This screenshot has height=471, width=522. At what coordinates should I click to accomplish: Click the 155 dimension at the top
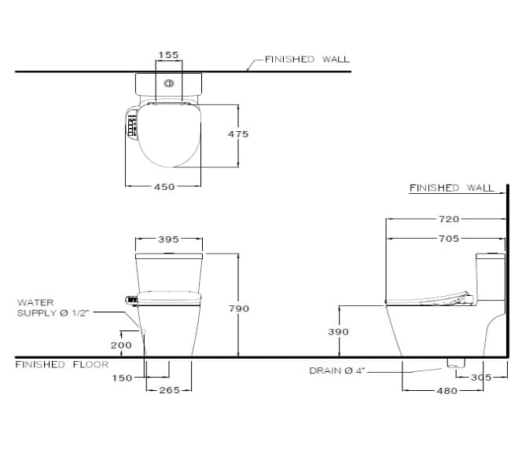[x=168, y=55]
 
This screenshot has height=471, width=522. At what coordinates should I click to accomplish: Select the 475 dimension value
[x=238, y=134]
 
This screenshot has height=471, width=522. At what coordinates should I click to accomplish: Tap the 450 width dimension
[x=163, y=187]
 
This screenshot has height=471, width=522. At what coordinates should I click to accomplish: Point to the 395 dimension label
[x=168, y=239]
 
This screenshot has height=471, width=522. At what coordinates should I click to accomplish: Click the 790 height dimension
[x=238, y=309]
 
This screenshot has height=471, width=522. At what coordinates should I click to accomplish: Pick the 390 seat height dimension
[x=338, y=332]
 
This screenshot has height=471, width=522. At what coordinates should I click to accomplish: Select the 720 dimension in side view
[x=449, y=219]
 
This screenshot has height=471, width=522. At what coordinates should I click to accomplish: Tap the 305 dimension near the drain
[x=480, y=378]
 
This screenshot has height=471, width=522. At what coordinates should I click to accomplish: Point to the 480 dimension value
[x=446, y=390]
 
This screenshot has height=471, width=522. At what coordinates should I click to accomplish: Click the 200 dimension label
[x=121, y=345]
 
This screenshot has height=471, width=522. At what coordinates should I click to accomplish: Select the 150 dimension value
[x=122, y=378]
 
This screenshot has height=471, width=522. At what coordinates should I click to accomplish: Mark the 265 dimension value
[x=169, y=390]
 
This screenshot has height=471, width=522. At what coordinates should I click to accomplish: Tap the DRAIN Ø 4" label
[x=337, y=371]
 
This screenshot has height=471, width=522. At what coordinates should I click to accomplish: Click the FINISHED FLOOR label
[x=62, y=364]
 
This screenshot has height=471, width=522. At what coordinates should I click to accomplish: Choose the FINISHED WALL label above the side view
[x=451, y=188]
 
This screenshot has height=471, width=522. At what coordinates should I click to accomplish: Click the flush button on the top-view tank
[x=168, y=83]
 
